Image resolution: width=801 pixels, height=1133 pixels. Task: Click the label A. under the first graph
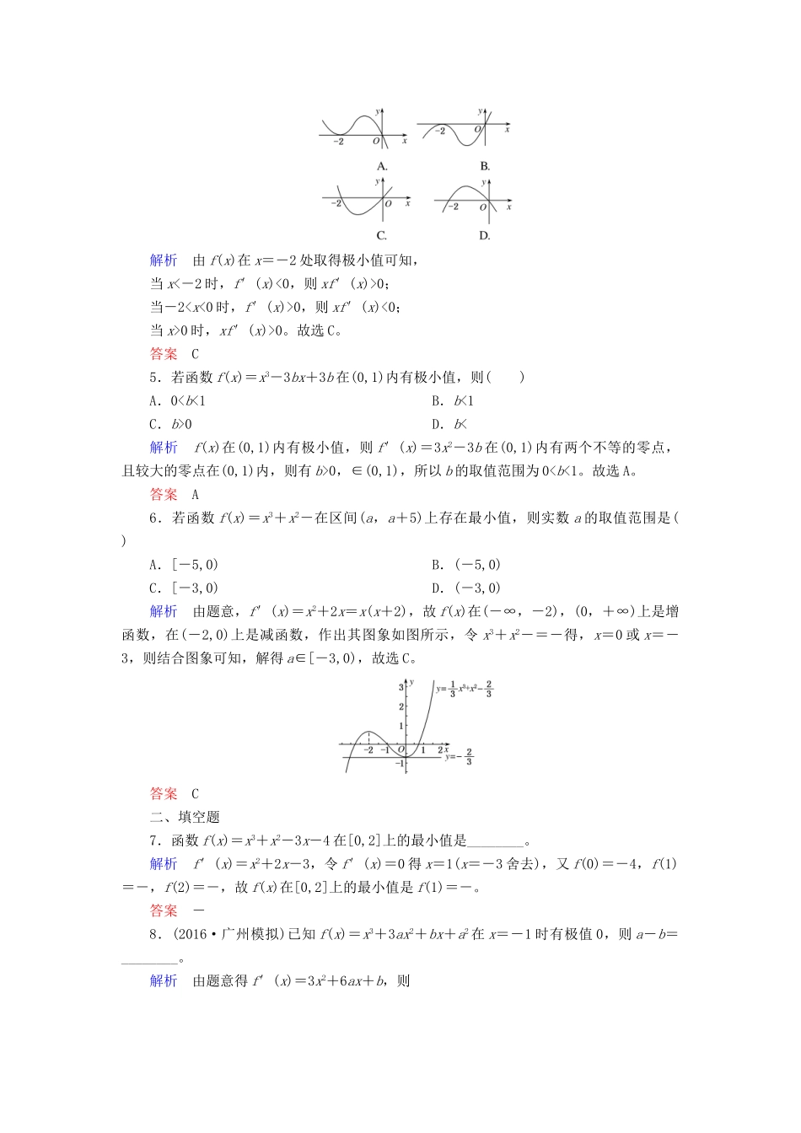coord(382,166)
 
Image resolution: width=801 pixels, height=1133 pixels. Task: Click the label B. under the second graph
coord(485,166)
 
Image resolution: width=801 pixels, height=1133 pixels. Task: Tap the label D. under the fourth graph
coord(485,235)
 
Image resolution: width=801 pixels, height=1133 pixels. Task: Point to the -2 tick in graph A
coord(338,142)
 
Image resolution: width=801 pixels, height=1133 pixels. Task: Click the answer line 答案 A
coord(174,495)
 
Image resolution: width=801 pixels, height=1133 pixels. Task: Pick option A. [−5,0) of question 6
coord(184,565)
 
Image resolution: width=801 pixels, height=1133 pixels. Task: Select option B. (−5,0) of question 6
coord(466,565)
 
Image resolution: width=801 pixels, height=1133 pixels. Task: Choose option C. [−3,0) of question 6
coord(184,588)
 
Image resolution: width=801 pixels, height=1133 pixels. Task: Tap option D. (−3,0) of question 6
coord(466,588)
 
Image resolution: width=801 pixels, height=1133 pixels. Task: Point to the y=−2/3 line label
coord(460,756)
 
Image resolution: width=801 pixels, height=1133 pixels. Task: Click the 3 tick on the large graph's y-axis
coord(401,687)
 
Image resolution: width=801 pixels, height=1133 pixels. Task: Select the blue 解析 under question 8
coord(164,980)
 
